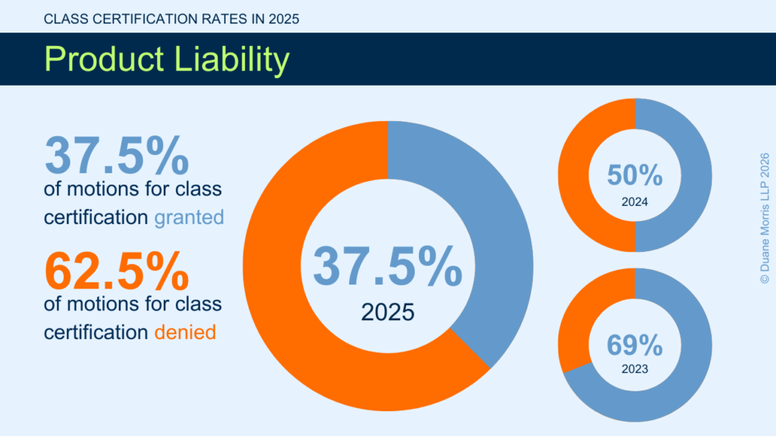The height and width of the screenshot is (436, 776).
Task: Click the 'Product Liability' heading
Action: tap(166, 59)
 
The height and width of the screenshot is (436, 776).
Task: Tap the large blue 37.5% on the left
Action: tap(117, 156)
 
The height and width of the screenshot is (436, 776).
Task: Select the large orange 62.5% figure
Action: tap(117, 271)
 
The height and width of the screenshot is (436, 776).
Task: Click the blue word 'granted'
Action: tap(189, 218)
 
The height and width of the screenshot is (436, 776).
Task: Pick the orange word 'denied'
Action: tap(185, 332)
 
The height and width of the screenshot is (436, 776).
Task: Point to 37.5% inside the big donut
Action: tap(387, 266)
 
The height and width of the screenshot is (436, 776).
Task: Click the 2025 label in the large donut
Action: tap(387, 311)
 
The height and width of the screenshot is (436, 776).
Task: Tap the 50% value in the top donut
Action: tap(635, 176)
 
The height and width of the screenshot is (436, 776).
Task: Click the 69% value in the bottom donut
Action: tap(635, 345)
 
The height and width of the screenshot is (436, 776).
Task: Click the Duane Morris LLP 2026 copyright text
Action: tap(764, 218)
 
